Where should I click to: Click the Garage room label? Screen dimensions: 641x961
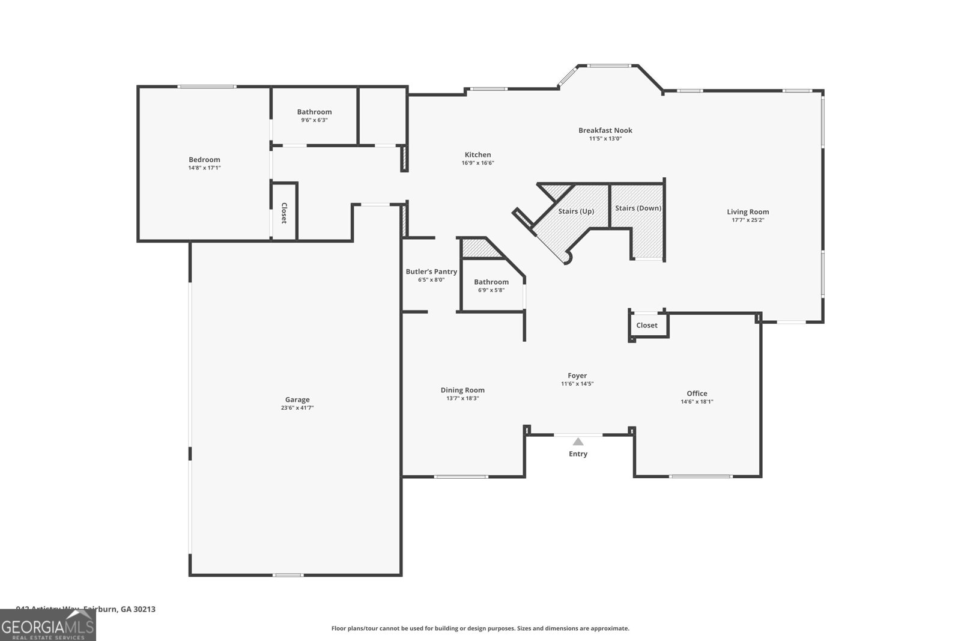pos(297,399)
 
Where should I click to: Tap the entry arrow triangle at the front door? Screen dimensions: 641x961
pos(578,442)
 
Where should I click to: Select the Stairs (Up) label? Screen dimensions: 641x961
pos(576,211)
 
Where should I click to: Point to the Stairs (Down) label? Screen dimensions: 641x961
pos(638,208)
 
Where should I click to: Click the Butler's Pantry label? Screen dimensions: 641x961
pos(431,272)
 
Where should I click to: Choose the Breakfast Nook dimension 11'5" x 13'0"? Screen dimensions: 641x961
pos(605,139)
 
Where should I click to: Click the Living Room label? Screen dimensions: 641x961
pos(748,211)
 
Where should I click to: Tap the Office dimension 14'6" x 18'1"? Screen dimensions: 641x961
pos(697,402)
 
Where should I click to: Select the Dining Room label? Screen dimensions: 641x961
pos(462,390)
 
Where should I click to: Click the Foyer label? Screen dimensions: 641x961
pos(577,375)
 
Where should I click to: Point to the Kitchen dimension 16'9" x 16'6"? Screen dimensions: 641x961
pos(477,163)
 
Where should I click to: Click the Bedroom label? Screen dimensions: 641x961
pos(204,159)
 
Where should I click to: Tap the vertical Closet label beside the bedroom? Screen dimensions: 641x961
pos(284,213)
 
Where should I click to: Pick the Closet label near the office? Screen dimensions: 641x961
pos(647,325)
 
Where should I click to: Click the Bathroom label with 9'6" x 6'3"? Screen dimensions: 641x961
pos(314,112)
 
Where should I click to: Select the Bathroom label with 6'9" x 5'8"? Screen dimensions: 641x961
pos(491,282)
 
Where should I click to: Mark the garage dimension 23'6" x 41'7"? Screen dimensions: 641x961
pos(297,408)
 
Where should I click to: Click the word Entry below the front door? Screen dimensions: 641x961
pos(578,454)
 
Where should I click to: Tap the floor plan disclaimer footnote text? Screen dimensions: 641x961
pos(480,628)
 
